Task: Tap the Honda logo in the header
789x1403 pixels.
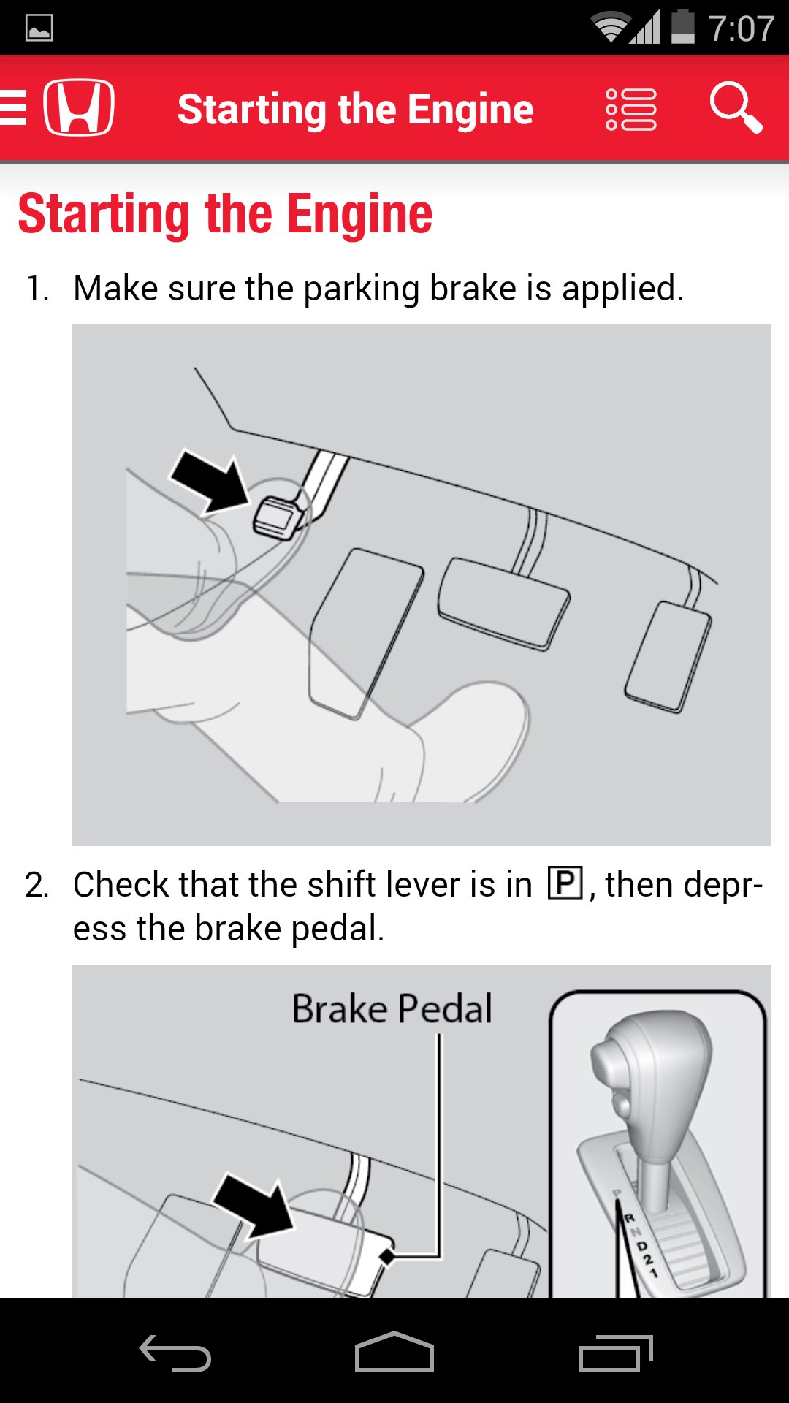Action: pos(79,107)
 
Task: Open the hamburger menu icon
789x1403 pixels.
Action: pos(13,107)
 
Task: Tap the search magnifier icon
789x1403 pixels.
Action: pos(736,107)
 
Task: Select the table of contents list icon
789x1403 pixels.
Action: pos(630,110)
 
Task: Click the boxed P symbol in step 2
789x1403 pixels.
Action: pos(565,883)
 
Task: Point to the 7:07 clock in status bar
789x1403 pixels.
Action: pos(741,29)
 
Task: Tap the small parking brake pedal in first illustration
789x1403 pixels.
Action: pos(278,517)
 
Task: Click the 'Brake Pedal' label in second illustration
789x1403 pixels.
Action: pos(392,1009)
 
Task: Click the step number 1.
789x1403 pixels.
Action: pos(37,289)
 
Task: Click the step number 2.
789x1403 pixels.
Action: pos(37,885)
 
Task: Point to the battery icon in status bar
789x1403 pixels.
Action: pos(682,28)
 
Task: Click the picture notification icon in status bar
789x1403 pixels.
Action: pos(39,28)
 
